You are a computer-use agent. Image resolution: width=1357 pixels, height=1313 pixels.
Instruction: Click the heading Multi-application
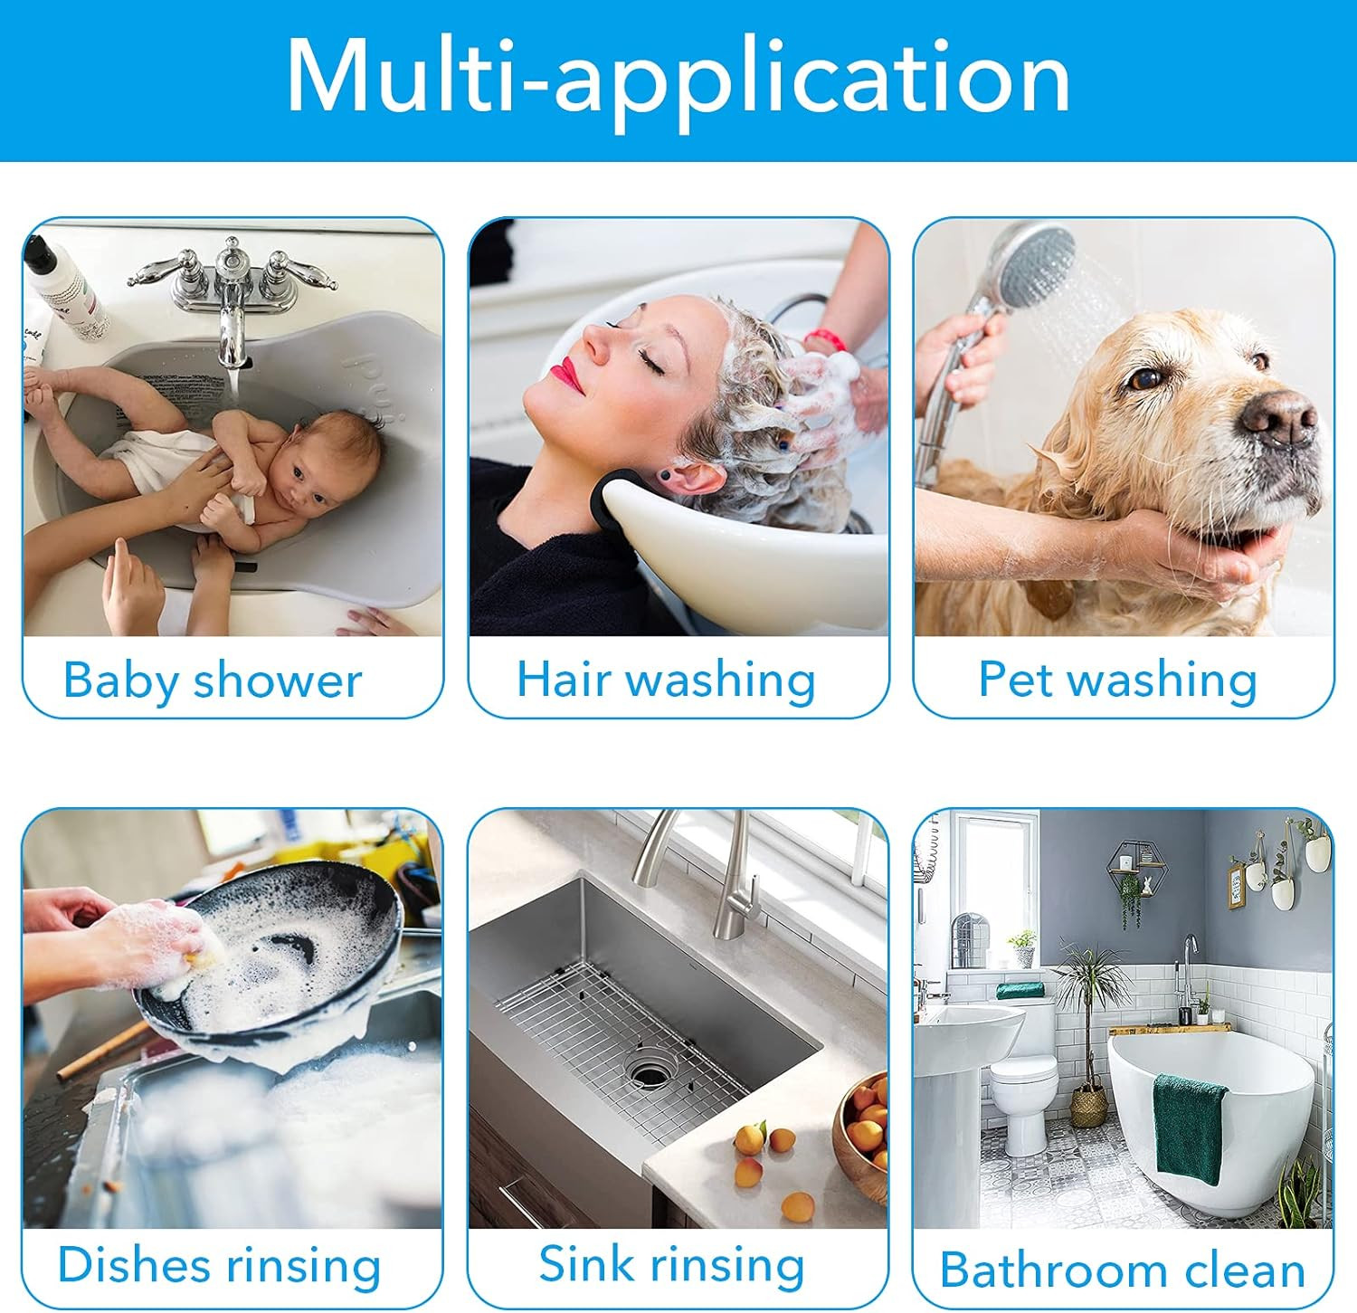point(678,78)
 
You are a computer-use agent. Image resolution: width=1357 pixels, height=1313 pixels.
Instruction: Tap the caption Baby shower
point(213,680)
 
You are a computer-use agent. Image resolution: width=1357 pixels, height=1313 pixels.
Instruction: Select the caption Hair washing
point(666,680)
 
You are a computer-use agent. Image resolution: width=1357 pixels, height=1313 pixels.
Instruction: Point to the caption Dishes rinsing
point(219,1265)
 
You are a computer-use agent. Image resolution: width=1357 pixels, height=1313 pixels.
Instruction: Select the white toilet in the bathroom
point(1025,1086)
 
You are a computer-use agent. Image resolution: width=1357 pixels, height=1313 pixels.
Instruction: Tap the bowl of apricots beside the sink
point(861,1136)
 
